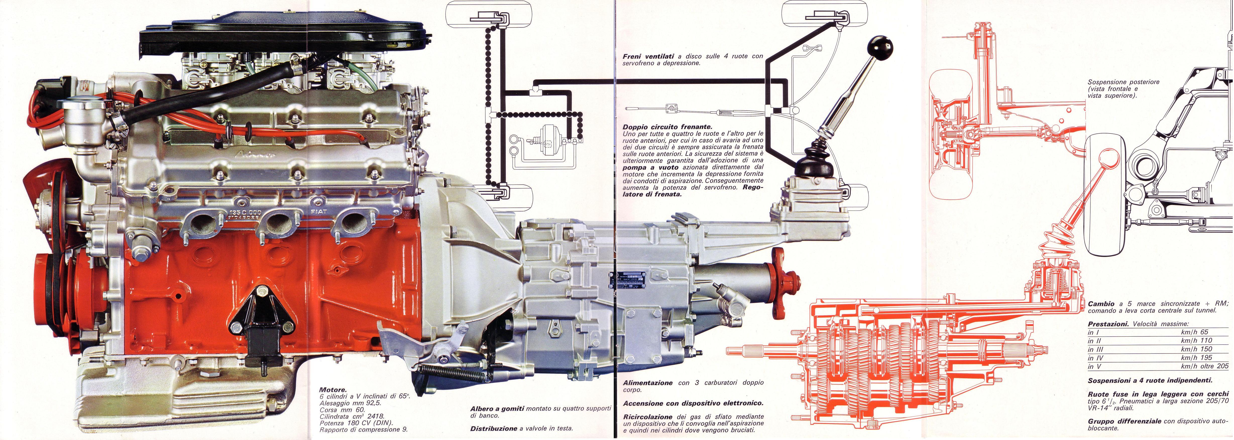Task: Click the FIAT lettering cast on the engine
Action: (x=319, y=211)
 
